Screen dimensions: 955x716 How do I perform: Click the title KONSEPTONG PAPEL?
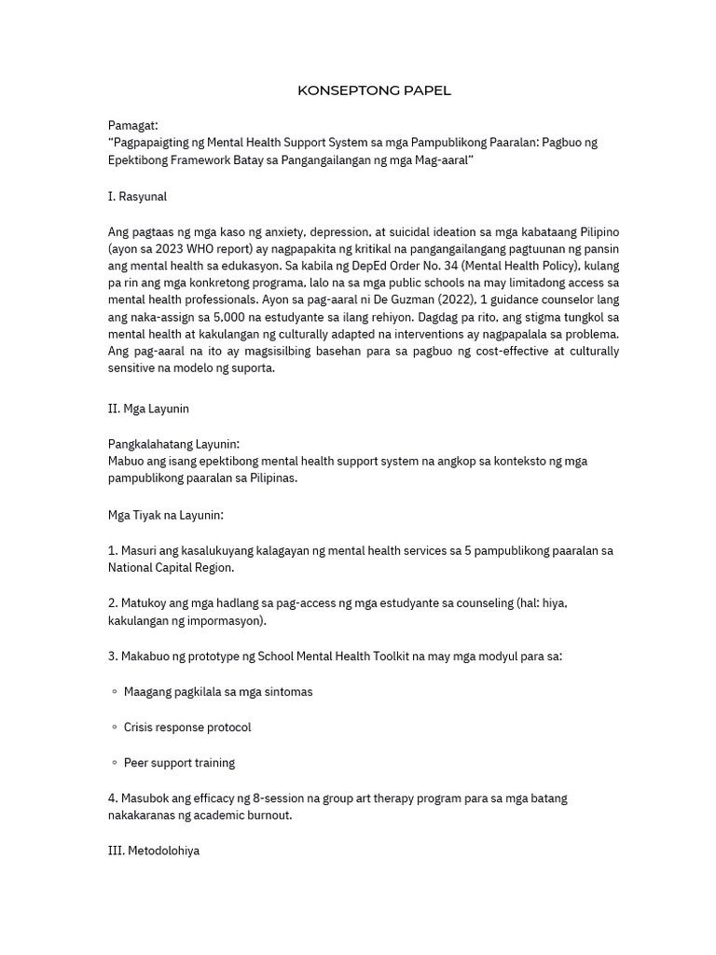374,90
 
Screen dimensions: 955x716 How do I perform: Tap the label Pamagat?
133,125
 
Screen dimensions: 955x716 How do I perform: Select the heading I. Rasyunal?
137,197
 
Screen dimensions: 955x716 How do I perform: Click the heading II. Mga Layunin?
148,408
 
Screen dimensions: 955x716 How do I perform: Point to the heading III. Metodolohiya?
153,851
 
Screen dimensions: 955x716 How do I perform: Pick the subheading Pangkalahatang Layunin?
173,444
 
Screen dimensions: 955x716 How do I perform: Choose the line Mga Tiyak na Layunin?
166,515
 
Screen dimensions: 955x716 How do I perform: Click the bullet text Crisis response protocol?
187,727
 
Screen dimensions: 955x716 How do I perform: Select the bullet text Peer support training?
179,763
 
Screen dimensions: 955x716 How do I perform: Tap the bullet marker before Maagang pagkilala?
114,692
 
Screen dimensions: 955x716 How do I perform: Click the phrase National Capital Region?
172,567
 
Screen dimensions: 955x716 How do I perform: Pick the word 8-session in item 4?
269,798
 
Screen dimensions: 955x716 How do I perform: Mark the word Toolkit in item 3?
407,656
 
